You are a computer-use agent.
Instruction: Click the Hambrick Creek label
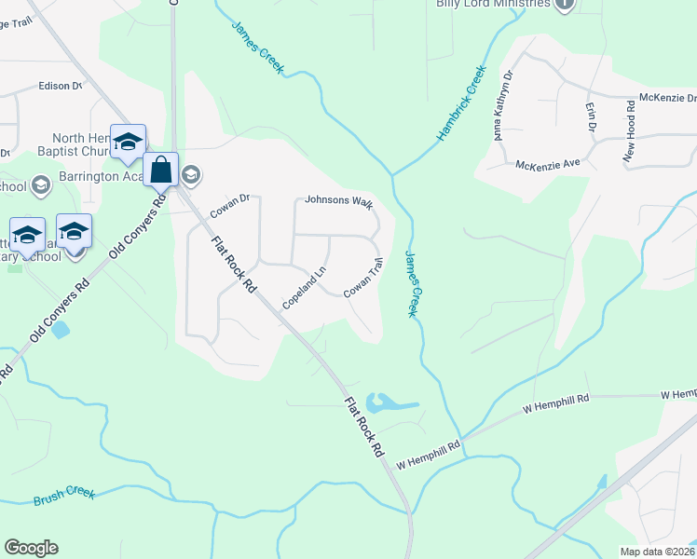pyautogui.click(x=462, y=102)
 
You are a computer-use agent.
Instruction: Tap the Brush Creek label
pyautogui.click(x=64, y=495)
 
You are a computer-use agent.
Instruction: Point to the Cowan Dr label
pyautogui.click(x=230, y=206)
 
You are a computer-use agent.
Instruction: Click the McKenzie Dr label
pyautogui.click(x=667, y=98)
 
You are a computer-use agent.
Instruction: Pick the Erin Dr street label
pyautogui.click(x=590, y=117)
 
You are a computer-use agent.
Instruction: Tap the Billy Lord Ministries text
pyautogui.click(x=494, y=4)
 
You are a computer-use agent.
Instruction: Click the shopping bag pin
pyautogui.click(x=160, y=170)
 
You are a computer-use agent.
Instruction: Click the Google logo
pyautogui.click(x=31, y=548)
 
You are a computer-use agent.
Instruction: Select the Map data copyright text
pyautogui.click(x=656, y=552)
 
